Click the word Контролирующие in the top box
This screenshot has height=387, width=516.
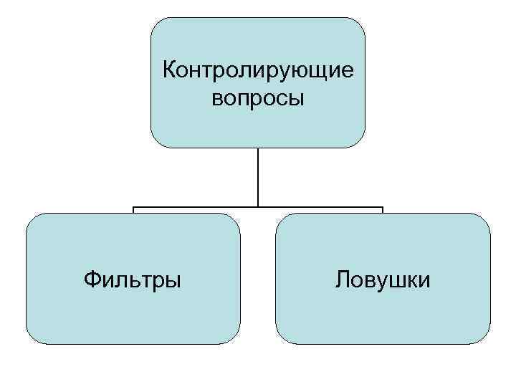point(259,71)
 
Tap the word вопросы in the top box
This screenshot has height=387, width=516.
point(258,98)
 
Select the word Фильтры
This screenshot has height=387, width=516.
point(132,279)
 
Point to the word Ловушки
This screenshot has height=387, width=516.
point(383,279)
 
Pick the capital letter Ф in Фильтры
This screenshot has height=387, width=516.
point(91,278)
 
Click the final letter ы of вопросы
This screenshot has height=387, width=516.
point(297,99)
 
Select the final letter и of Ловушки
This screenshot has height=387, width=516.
point(426,279)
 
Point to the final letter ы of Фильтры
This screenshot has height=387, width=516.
point(173,279)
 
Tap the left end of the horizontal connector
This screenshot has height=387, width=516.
point(134,209)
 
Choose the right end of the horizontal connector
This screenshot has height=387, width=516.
point(382,209)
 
